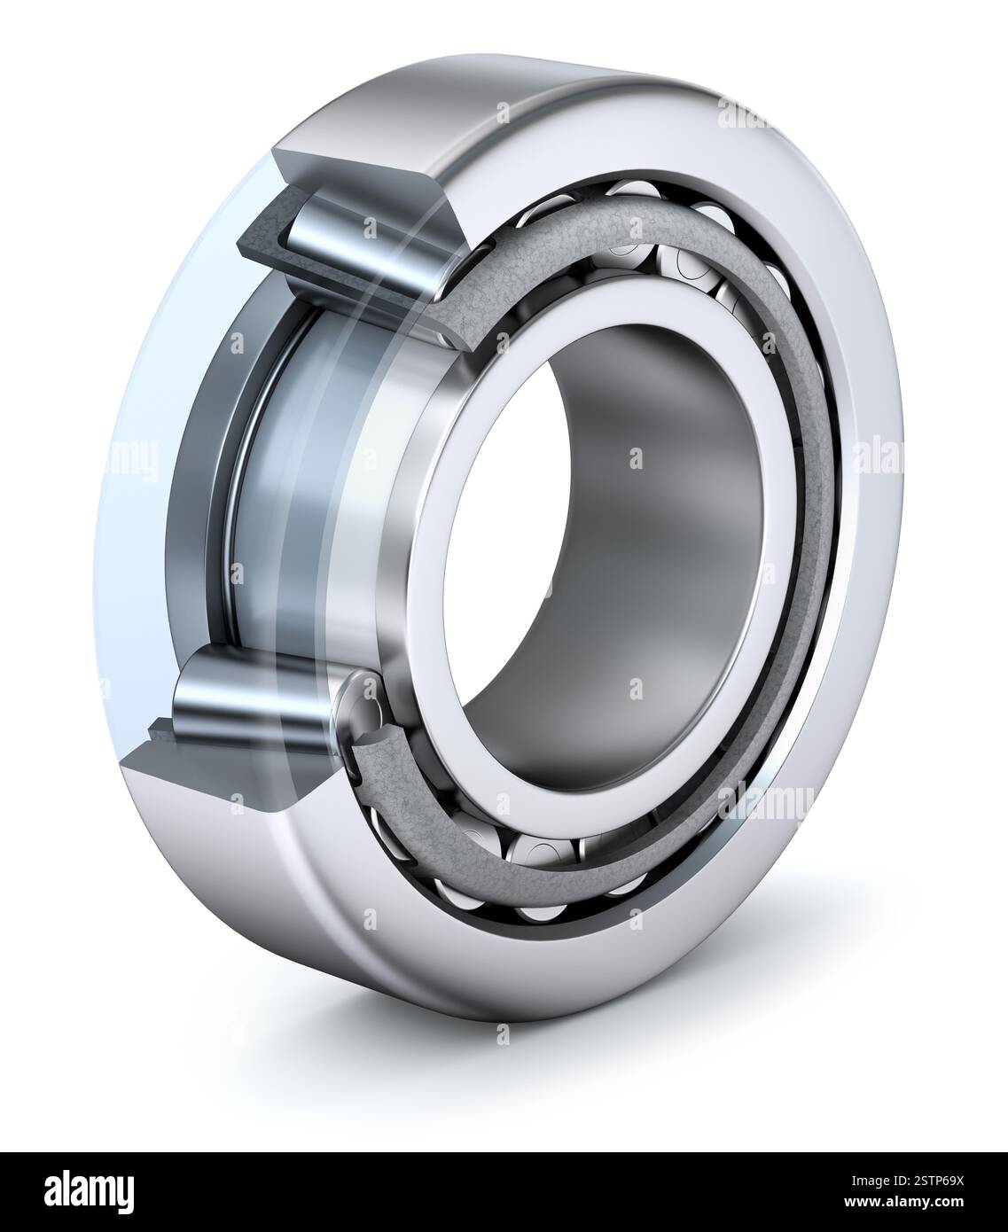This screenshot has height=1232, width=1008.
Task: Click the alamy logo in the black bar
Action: [x=93, y=1191]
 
